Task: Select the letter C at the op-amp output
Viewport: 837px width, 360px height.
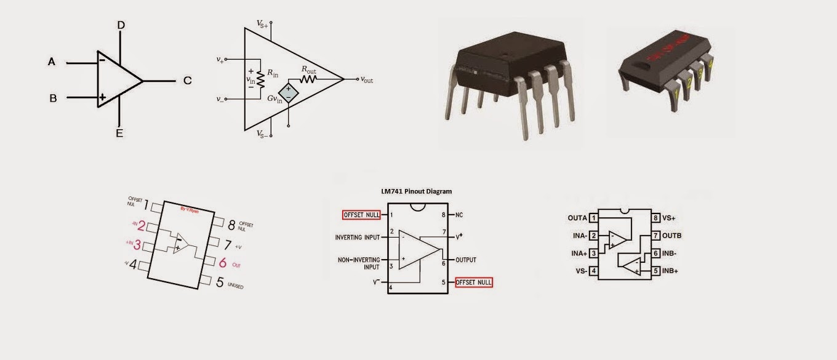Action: coord(187,81)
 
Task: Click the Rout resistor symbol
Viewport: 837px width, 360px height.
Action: coord(308,79)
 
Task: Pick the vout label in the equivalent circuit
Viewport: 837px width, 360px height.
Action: coord(367,80)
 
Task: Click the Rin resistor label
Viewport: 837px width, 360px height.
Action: coord(272,73)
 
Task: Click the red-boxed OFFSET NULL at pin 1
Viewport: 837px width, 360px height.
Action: coord(361,215)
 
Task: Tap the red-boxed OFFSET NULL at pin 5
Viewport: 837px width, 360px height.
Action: coord(474,282)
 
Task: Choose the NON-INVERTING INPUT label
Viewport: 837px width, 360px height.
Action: coord(358,263)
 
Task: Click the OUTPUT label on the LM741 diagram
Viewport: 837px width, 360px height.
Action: coord(466,260)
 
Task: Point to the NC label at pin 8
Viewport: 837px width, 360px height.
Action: coord(459,215)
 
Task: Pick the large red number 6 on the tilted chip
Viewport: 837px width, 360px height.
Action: coord(223,263)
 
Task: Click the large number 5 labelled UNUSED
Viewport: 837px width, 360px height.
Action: coord(220,282)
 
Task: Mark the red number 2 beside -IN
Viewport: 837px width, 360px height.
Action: coord(142,225)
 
